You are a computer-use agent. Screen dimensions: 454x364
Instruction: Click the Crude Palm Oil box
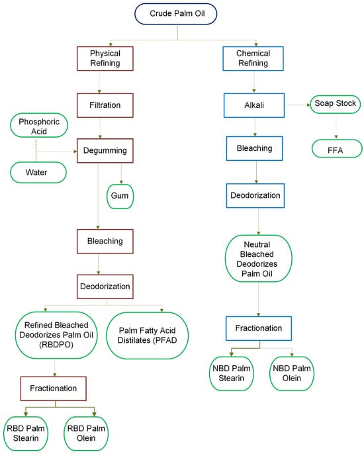tap(175, 15)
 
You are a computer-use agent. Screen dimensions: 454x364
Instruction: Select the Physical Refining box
tap(99, 58)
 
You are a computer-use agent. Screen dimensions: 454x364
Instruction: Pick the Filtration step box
tap(99, 104)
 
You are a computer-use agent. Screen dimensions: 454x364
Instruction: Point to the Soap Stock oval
tap(335, 104)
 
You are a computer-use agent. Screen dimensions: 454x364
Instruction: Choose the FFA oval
tap(335, 150)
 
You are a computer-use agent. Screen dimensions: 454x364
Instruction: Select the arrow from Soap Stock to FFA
tap(335, 126)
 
